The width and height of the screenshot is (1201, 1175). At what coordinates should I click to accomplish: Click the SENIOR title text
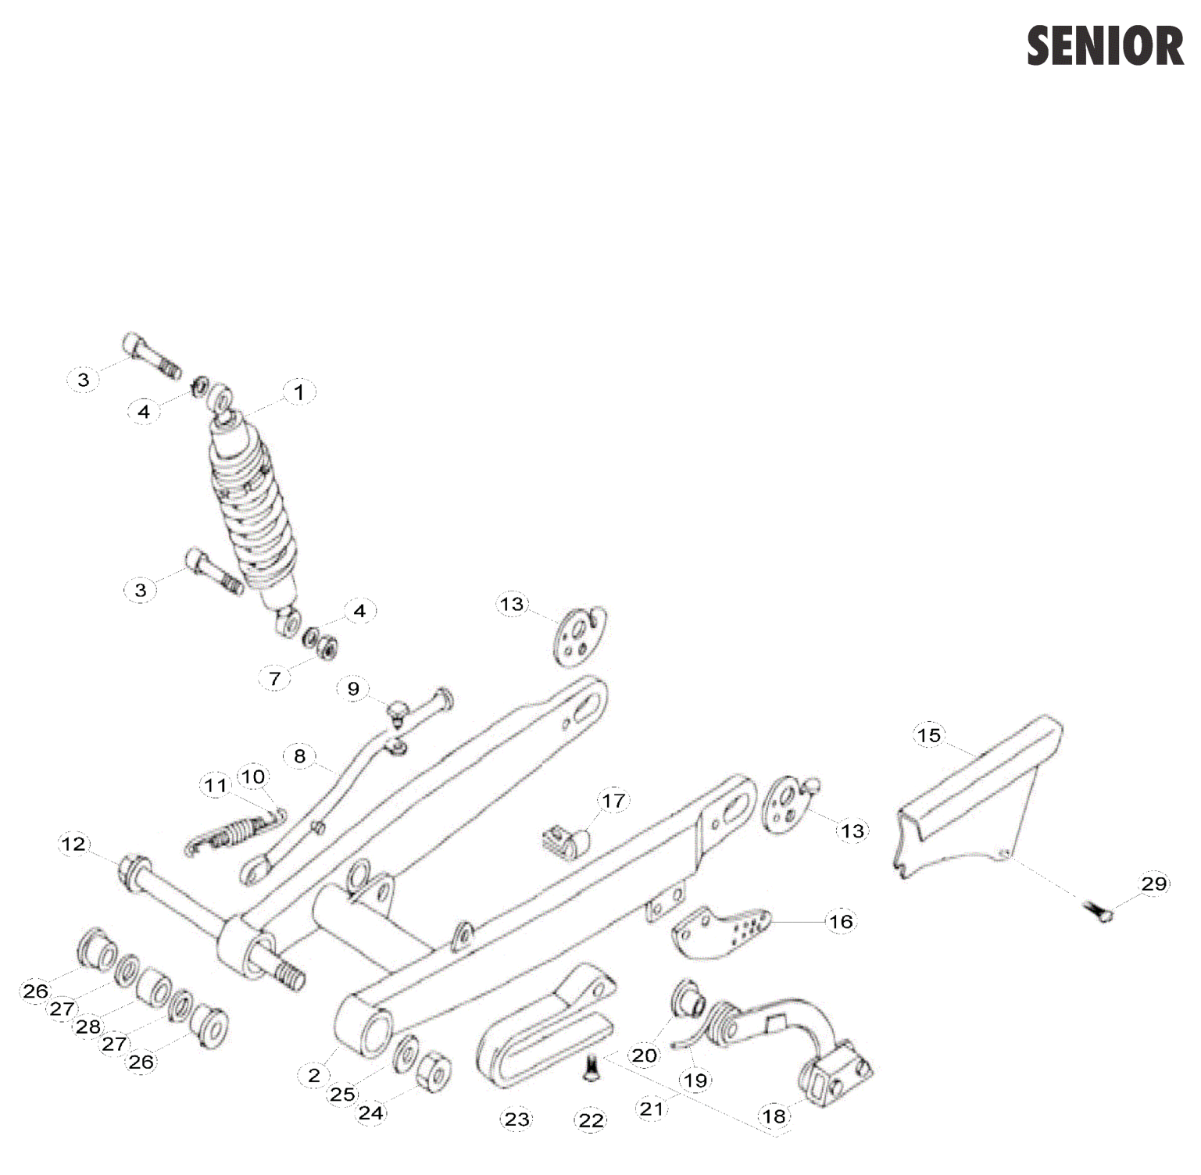tap(1105, 45)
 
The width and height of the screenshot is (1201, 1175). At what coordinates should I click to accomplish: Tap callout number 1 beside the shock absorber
tap(298, 391)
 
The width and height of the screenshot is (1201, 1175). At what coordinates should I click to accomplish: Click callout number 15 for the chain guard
tap(928, 735)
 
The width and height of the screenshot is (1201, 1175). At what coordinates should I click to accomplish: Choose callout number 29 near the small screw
tap(1153, 884)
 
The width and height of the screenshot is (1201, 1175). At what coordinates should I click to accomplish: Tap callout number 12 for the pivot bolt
tap(73, 844)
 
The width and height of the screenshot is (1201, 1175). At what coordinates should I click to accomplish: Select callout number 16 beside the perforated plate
tap(841, 922)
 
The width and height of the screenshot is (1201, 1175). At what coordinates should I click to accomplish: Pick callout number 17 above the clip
tap(613, 801)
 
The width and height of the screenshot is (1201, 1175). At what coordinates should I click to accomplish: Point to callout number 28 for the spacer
tap(88, 1027)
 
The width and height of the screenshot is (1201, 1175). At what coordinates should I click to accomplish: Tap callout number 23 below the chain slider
tap(517, 1120)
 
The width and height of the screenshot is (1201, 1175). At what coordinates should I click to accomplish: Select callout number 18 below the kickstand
tap(774, 1116)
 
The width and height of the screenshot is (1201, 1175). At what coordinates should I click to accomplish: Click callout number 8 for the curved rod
tap(299, 755)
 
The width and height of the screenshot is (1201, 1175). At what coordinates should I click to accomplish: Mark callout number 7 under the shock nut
tap(274, 679)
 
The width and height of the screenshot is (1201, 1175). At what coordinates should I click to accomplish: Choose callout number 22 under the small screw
tap(591, 1121)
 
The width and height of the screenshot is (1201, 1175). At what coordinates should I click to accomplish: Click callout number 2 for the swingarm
tap(314, 1075)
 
